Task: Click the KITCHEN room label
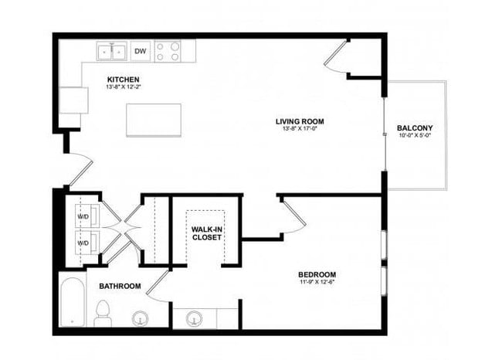coord(124,80)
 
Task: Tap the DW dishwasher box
coord(141,52)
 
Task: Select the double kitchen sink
coord(112,52)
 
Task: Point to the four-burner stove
coord(168,52)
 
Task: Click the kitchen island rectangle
coord(154,121)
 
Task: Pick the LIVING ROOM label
coord(300,121)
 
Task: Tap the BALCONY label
coord(414,128)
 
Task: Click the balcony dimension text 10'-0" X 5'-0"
coord(414,137)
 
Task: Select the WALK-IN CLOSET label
coord(207,233)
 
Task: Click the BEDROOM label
coord(317,275)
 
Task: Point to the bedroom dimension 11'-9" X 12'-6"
coord(317,284)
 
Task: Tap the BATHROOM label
coord(120,287)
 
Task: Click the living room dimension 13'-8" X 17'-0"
coord(300,130)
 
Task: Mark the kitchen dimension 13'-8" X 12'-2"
coord(124,87)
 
